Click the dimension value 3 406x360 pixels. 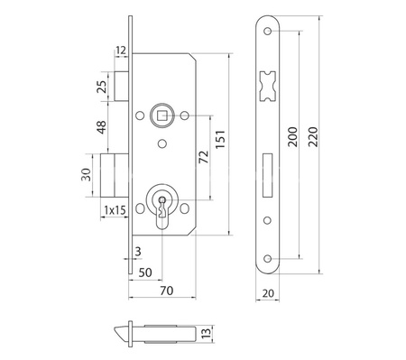click(137, 250)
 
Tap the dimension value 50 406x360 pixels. click(145, 272)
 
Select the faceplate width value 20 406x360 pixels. click(270, 291)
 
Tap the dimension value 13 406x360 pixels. click(207, 334)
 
